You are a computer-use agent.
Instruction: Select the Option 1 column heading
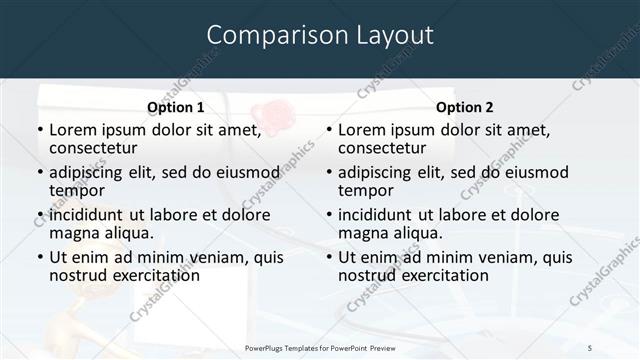tap(175, 107)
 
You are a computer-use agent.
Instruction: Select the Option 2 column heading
tap(464, 107)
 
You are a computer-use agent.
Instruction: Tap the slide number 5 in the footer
tap(590, 346)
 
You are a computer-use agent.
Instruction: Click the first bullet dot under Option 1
tap(39, 130)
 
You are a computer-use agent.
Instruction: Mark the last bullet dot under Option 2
tap(328, 257)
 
